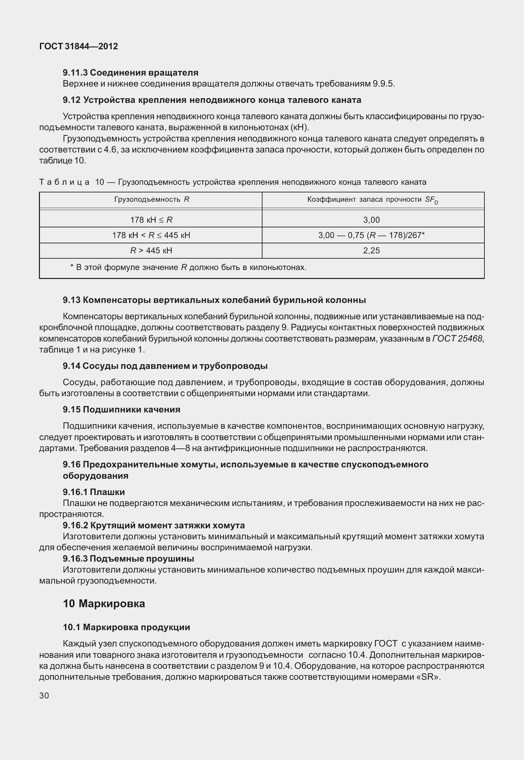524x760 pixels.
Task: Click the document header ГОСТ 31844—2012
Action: coord(79,46)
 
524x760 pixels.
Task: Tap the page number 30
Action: coord(44,695)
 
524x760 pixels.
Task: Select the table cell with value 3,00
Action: coord(371,220)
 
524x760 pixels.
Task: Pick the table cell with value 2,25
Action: coord(371,250)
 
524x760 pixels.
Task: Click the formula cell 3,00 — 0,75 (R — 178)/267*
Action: coord(371,235)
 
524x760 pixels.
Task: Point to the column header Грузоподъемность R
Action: coord(152,200)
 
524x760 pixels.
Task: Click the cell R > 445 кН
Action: coord(151,250)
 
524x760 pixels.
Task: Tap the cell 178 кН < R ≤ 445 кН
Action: coord(151,235)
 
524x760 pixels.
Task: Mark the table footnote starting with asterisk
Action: coord(188,267)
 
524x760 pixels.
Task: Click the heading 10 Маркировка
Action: coord(104,604)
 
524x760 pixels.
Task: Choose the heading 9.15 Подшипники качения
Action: coord(121,409)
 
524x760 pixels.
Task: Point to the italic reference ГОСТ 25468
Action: coord(457,339)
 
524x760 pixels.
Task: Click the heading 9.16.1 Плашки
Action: coord(94,492)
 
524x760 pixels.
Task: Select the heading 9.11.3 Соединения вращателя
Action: coord(130,72)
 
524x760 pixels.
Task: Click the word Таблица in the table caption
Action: coord(64,182)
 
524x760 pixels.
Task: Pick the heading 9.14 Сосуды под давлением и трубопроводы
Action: coord(165,366)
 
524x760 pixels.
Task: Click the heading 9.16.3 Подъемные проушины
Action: coord(128,558)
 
